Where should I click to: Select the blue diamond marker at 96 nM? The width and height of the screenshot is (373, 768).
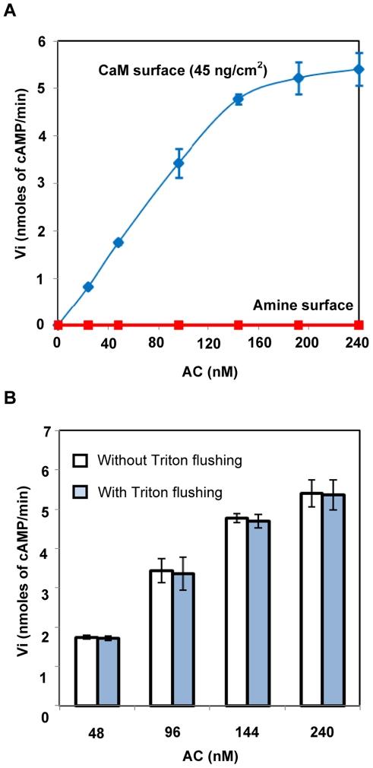coord(178,163)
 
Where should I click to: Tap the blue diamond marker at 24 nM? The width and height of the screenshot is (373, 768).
coord(88,287)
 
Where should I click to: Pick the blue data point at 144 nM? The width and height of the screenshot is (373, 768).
coord(238,99)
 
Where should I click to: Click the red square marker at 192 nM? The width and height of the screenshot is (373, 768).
coord(298,325)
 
